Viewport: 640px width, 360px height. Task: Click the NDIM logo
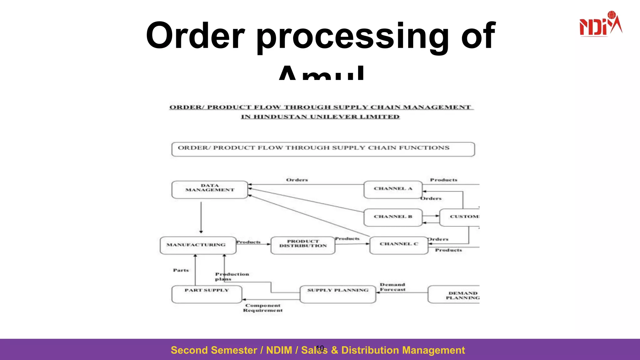pyautogui.click(x=600, y=24)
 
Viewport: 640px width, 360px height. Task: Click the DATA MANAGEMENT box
pyautogui.click(x=210, y=189)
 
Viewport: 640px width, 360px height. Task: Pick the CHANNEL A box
pyautogui.click(x=393, y=189)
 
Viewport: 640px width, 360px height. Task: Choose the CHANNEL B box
pyautogui.click(x=393, y=217)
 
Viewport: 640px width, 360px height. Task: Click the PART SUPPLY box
pyautogui.click(x=207, y=294)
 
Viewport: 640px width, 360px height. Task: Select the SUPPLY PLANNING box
pyautogui.click(x=337, y=294)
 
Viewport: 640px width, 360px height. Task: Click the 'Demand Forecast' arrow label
pyautogui.click(x=392, y=287)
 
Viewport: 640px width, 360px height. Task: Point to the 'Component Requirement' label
pyautogui.click(x=263, y=308)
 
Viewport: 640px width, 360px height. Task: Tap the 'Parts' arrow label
pyautogui.click(x=181, y=270)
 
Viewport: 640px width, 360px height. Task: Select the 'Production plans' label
pyautogui.click(x=232, y=276)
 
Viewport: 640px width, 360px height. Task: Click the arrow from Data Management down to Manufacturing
pyautogui.click(x=201, y=217)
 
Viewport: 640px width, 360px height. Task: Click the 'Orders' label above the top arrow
pyautogui.click(x=297, y=180)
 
